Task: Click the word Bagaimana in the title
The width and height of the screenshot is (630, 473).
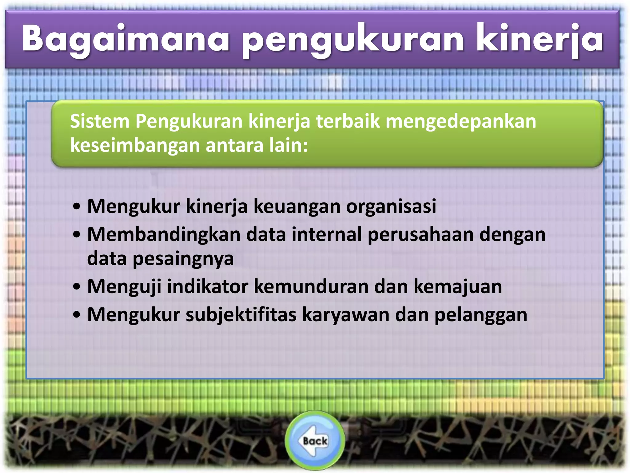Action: (x=126, y=39)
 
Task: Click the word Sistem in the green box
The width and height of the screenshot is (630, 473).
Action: (x=100, y=121)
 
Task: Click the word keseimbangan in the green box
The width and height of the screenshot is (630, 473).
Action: (x=135, y=145)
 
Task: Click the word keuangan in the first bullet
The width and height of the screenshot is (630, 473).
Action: (x=297, y=207)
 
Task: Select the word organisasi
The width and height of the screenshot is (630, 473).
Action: (x=391, y=207)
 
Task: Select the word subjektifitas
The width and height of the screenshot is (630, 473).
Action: (x=241, y=315)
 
